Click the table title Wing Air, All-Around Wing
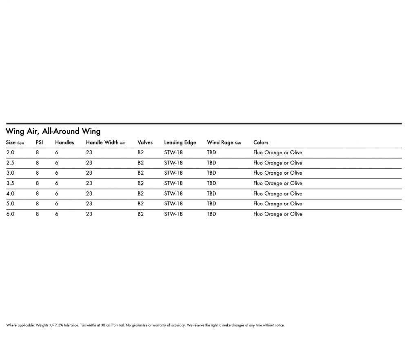53,131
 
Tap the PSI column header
39,142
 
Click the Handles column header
64,142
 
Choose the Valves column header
145,142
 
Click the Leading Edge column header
180,142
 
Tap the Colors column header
261,142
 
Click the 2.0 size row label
10,153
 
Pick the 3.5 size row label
10,183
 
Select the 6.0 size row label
10,214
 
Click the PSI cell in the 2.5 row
38,163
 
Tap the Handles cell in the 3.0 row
57,173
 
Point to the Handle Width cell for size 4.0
89,193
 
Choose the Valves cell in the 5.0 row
141,204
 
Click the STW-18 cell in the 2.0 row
173,153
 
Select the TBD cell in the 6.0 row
211,214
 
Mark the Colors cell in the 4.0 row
277,193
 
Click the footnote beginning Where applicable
145,325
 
